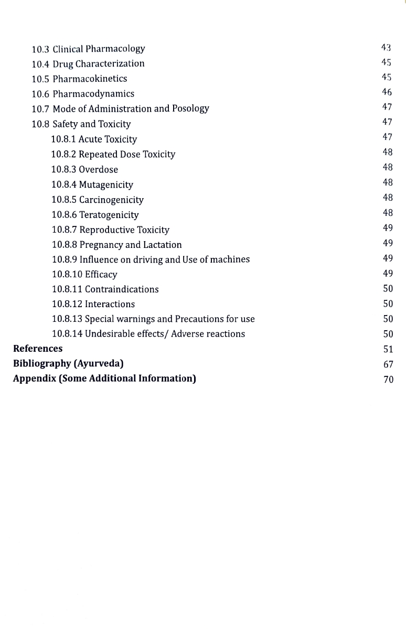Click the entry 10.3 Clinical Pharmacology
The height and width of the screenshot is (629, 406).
point(88,49)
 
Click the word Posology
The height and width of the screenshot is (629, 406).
point(190,109)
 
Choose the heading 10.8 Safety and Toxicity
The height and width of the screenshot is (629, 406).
point(81,124)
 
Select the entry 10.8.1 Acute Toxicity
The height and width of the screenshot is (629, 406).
point(94,139)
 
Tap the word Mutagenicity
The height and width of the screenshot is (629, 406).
point(106,185)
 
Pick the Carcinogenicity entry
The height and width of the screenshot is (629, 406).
point(111,200)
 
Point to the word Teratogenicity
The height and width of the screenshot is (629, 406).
point(109,215)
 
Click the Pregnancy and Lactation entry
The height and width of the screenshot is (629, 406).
point(117,245)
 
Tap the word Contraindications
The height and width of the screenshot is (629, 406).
point(122,289)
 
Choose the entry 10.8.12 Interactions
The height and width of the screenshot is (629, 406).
point(93,305)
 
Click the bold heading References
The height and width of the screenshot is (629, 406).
point(38,349)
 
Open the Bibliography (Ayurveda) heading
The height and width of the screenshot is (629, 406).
point(68,363)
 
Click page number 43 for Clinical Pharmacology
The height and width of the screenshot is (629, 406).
point(387,48)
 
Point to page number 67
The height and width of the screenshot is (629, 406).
point(388,364)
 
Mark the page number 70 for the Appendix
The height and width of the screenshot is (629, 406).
point(388,379)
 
